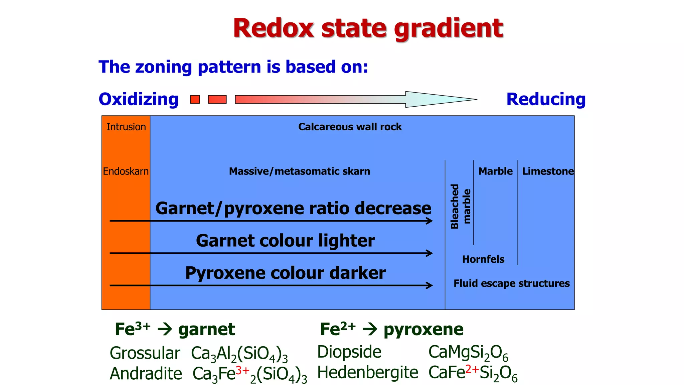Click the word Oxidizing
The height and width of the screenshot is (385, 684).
(139, 99)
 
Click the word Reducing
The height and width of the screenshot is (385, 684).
(546, 99)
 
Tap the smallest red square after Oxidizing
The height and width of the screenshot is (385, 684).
(195, 99)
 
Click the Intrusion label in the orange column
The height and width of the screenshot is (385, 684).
(126, 127)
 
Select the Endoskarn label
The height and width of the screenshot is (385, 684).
(126, 171)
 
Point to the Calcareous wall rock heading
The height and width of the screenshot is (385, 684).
(350, 127)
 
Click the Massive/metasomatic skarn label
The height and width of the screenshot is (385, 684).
(299, 171)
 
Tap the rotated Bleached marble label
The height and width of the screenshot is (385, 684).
(460, 206)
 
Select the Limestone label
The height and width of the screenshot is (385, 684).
(548, 171)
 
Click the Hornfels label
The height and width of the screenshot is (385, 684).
(483, 259)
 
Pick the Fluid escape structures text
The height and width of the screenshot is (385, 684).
(511, 283)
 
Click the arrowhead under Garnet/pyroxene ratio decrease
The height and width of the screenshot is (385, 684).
(430, 221)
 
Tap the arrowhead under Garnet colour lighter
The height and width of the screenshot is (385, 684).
(430, 253)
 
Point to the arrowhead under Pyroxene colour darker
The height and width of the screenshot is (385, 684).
(430, 285)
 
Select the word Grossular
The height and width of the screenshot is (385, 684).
(145, 353)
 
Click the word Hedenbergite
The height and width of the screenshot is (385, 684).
(367, 372)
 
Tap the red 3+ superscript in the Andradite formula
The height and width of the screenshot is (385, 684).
(242, 370)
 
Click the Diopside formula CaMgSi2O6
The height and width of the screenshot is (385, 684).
(468, 353)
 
